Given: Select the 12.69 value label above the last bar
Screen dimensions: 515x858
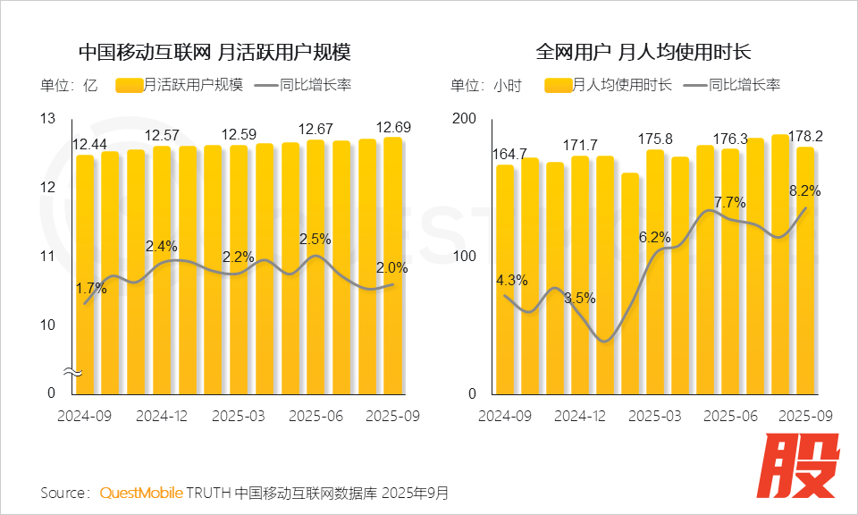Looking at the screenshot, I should (394, 127).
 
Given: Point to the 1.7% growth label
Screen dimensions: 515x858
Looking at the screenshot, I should (91, 289).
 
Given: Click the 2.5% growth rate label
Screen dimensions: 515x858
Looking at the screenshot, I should (315, 239).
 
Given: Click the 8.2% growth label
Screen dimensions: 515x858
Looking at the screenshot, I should (803, 190).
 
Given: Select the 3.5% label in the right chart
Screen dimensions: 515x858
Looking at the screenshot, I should (579, 298).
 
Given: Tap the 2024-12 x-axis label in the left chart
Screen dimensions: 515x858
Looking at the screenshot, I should (161, 416).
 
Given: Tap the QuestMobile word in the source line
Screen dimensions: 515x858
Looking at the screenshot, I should (141, 493).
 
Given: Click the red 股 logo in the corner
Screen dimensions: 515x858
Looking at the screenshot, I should (801, 467).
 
